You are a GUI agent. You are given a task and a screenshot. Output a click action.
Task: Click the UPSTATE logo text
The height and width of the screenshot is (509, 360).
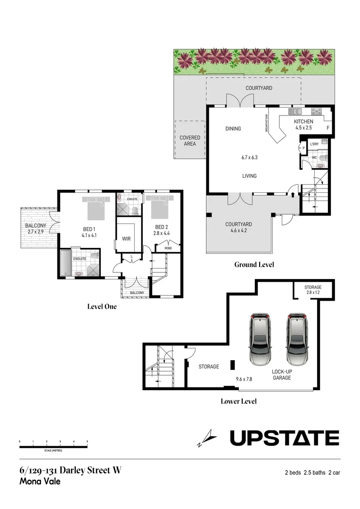click(284, 438)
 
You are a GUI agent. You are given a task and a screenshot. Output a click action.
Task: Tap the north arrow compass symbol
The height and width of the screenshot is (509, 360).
click(207, 438)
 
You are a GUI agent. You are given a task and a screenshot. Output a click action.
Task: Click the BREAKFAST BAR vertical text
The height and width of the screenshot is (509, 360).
click(266, 123)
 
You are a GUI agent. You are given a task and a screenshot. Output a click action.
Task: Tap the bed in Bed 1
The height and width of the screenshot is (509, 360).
click(96, 208)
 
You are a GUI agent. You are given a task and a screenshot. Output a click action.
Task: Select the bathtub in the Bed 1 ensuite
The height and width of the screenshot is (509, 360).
click(65, 263)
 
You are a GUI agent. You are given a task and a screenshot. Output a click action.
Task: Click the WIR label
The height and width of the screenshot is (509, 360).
click(126, 239)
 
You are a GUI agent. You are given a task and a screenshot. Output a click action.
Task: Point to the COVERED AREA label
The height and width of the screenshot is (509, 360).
click(190, 140)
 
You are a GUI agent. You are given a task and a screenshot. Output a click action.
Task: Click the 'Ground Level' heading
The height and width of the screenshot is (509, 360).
click(254, 264)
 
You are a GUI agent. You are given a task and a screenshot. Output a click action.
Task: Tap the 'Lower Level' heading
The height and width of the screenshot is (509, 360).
click(238, 402)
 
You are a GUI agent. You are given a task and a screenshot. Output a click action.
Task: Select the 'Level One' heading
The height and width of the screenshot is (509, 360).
click(102, 306)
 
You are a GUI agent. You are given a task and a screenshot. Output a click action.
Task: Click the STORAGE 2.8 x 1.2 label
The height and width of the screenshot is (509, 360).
click(313, 290)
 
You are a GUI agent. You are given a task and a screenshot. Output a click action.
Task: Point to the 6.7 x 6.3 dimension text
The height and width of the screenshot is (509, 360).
click(249, 157)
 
